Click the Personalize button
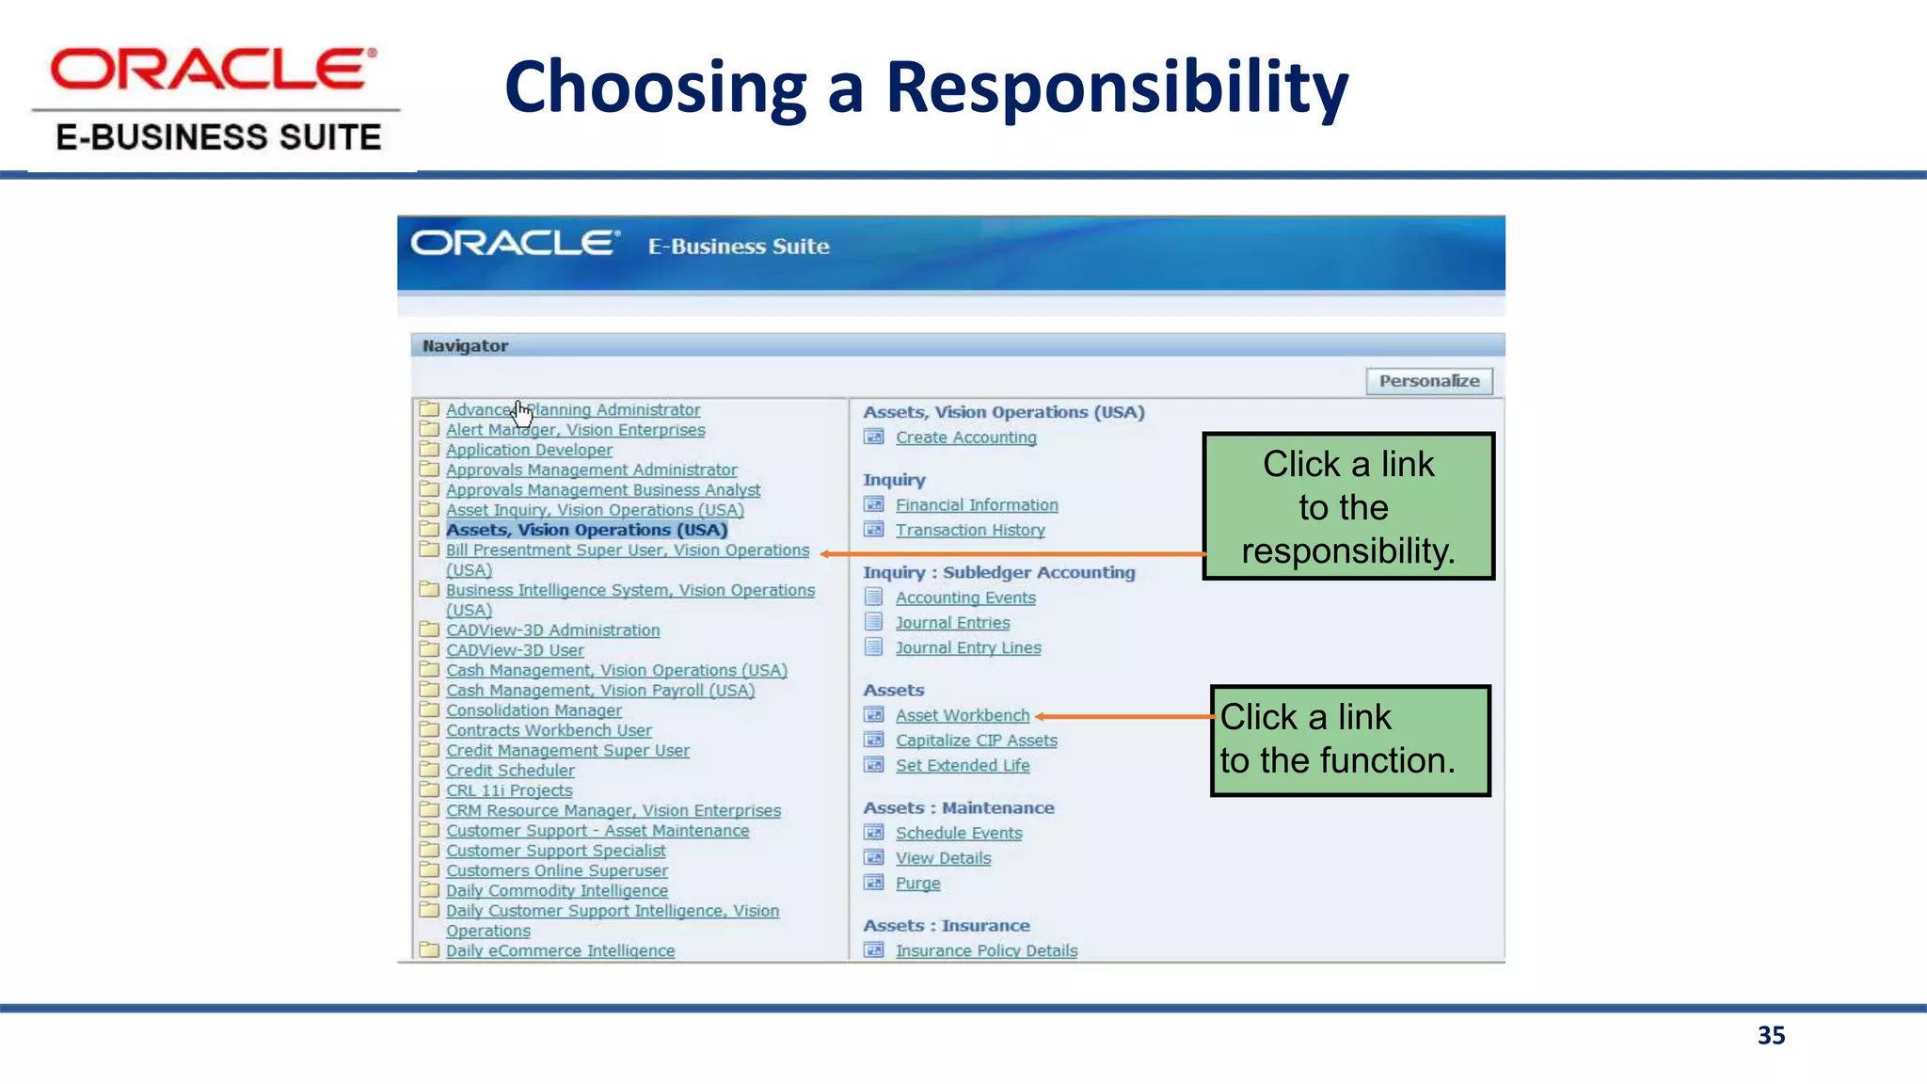pos(1428,381)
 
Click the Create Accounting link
pos(965,438)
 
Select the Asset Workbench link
pos(962,715)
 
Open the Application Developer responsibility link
pos(529,450)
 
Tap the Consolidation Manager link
pos(534,710)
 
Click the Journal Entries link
pos(952,623)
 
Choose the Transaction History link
pos(969,531)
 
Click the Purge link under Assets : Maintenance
pos(917,884)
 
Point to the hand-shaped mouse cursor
pos(522,412)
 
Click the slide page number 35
pos(1771,1035)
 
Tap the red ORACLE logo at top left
pos(214,70)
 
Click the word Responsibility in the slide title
pos(1117,88)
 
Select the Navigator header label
pos(465,346)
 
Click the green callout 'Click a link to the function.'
pos(1350,741)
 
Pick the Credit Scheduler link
pos(510,771)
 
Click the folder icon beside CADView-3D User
pos(429,649)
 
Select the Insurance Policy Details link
pos(986,950)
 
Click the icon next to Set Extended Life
pos(874,765)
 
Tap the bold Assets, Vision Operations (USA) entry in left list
pos(586,530)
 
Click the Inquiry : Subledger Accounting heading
pos(998,572)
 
